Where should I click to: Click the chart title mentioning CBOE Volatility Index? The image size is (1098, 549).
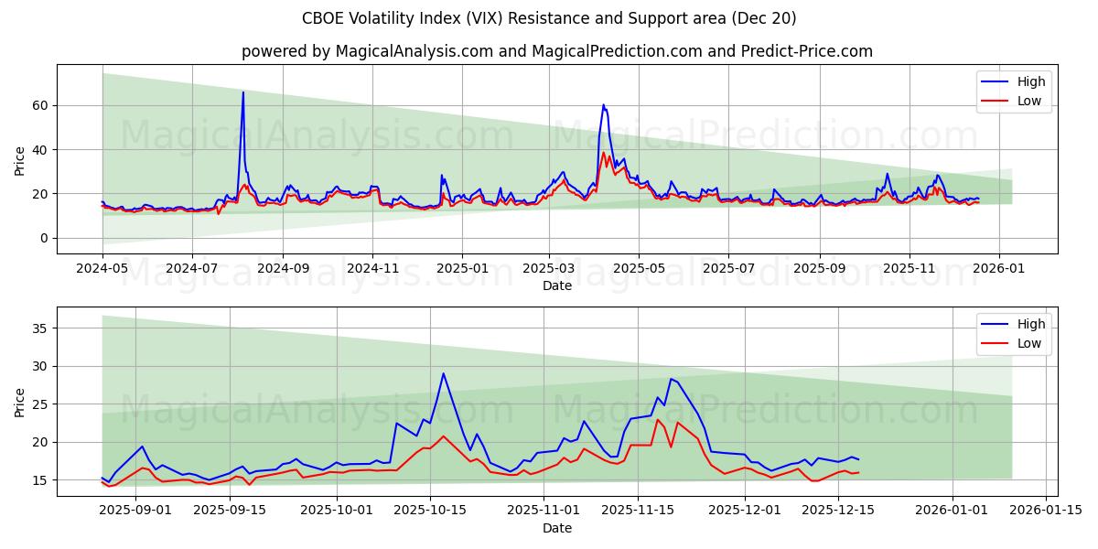pos(549,18)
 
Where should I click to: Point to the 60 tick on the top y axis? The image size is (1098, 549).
pos(40,105)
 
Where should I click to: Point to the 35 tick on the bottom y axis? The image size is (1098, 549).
pos(40,328)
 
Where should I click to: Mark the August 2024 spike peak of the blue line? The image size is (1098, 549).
pos(242,92)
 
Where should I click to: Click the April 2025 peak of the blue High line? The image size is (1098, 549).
pos(603,105)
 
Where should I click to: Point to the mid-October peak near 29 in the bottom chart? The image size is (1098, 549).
pos(443,373)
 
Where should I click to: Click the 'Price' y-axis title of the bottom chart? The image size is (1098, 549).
pos(20,402)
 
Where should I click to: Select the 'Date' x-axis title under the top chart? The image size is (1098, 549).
pos(557,285)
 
